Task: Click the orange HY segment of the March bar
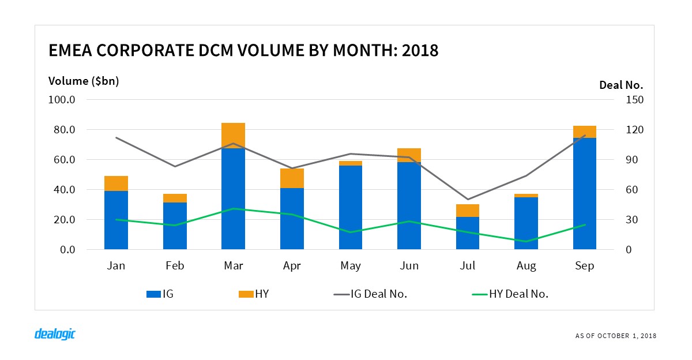tap(233, 136)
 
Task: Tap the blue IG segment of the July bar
tap(468, 233)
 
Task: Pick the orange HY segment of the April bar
tap(292, 178)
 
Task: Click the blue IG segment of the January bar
tap(116, 220)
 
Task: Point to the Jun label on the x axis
tap(409, 266)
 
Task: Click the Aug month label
tap(526, 266)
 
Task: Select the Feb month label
tap(174, 266)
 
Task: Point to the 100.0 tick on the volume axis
tap(65, 100)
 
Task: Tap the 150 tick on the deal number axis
tap(634, 100)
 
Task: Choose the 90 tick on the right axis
tap(632, 160)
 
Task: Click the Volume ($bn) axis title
tap(84, 81)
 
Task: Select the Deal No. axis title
tap(621, 85)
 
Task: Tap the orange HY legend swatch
tap(245, 294)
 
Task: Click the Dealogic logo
tap(55, 334)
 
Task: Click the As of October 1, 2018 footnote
tap(616, 336)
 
